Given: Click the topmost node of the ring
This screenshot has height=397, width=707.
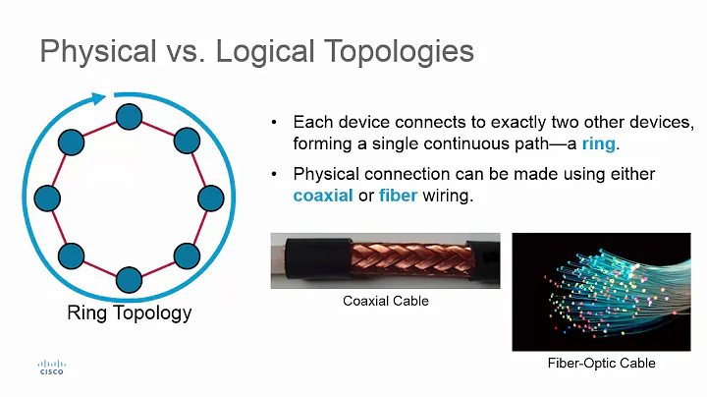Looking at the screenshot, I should click(129, 118).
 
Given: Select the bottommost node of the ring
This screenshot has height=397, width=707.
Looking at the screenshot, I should click(129, 280).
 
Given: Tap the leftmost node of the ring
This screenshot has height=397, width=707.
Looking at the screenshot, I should click(46, 198).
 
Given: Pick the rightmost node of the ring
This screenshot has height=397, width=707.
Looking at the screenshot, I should click(211, 198).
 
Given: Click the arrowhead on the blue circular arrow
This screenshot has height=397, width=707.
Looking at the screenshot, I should click(97, 98).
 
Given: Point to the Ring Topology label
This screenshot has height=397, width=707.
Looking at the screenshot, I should click(129, 313).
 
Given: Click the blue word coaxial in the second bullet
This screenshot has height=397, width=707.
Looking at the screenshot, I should click(322, 196).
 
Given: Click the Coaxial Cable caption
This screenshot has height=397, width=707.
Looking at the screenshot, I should click(385, 301).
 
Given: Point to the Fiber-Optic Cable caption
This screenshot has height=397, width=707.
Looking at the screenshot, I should click(601, 364).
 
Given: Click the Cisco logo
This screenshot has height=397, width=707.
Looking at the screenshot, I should click(51, 366).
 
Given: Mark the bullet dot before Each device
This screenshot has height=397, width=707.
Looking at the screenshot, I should click(275, 123).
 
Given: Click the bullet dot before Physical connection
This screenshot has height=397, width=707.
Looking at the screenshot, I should click(275, 175).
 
